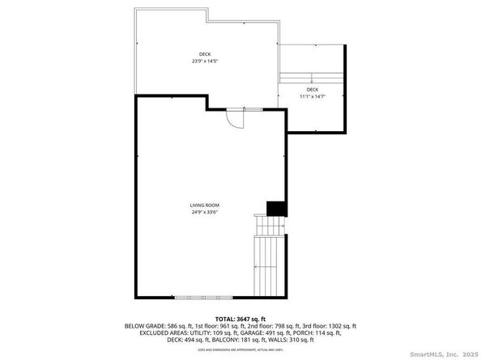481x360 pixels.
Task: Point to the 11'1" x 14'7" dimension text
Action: (312, 95)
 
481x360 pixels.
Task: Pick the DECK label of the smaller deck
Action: (312, 89)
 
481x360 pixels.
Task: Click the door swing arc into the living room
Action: (235, 118)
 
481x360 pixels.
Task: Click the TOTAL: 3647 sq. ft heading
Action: (240, 320)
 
